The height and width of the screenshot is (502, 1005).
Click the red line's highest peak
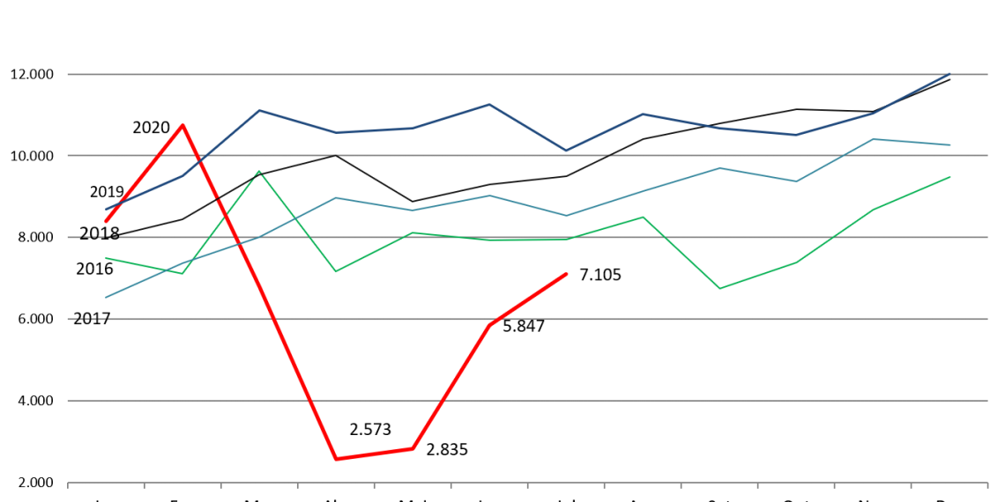(182, 125)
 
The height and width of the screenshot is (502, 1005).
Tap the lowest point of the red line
(336, 459)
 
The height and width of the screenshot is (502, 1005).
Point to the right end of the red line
(567, 274)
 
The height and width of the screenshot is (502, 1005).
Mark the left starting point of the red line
(106, 221)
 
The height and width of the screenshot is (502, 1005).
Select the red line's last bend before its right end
(489, 325)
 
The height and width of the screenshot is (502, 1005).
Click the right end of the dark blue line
(950, 74)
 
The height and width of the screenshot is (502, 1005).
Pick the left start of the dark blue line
(106, 209)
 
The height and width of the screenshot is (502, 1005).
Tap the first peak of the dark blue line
(259, 110)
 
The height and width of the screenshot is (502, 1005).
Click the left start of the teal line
(106, 297)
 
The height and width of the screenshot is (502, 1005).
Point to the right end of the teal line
(950, 144)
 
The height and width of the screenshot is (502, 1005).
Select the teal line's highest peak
(873, 139)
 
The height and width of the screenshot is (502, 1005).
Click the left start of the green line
(106, 258)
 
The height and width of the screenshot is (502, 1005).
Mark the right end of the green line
(950, 177)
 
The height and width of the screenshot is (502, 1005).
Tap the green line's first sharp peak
(259, 172)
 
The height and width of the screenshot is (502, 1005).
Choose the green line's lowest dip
(719, 289)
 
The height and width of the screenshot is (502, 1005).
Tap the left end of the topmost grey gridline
(68, 74)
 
